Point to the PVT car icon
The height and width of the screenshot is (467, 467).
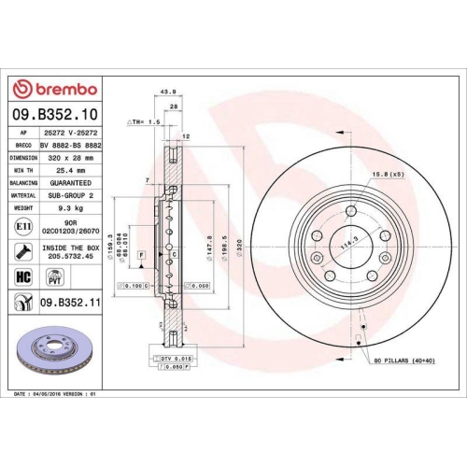coord(54,276)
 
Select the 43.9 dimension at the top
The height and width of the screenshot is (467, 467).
coord(169,92)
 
